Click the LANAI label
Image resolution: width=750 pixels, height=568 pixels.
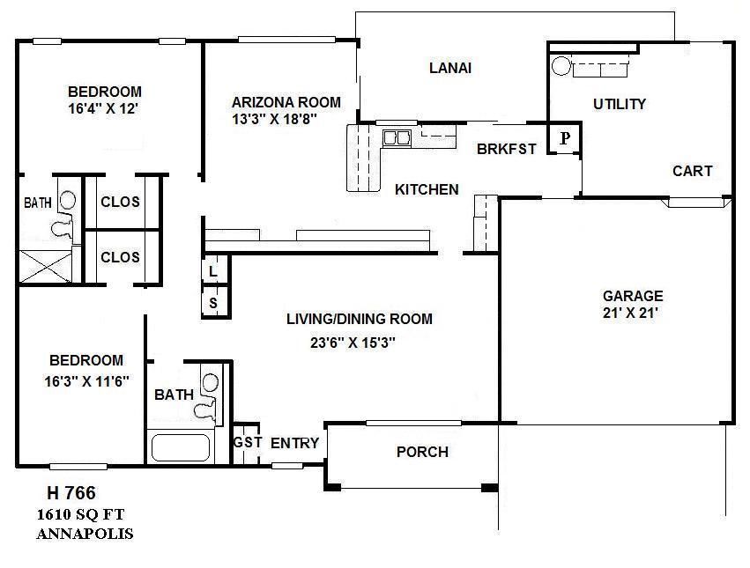coord(449,68)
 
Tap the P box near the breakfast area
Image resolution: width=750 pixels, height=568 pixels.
coord(565,138)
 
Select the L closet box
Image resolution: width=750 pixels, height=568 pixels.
coord(214,270)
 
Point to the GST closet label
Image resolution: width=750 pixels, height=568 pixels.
coord(248,442)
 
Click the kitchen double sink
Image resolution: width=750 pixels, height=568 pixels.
coord(397,137)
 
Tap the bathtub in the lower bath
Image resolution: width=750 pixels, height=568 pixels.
coord(181,446)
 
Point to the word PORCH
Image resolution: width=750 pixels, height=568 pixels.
coord(422,452)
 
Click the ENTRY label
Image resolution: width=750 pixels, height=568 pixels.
coord(294,443)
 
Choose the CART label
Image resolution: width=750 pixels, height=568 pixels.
coord(692,171)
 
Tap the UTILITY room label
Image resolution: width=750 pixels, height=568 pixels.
coord(619,104)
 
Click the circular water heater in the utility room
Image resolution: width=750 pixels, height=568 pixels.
coord(560,65)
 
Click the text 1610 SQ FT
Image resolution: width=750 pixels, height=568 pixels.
coord(85,514)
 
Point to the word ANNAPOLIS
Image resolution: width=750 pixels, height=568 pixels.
coord(85,534)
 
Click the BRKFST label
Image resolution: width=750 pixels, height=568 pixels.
coord(506,149)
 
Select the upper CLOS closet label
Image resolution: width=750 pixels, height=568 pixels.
coord(120,202)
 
